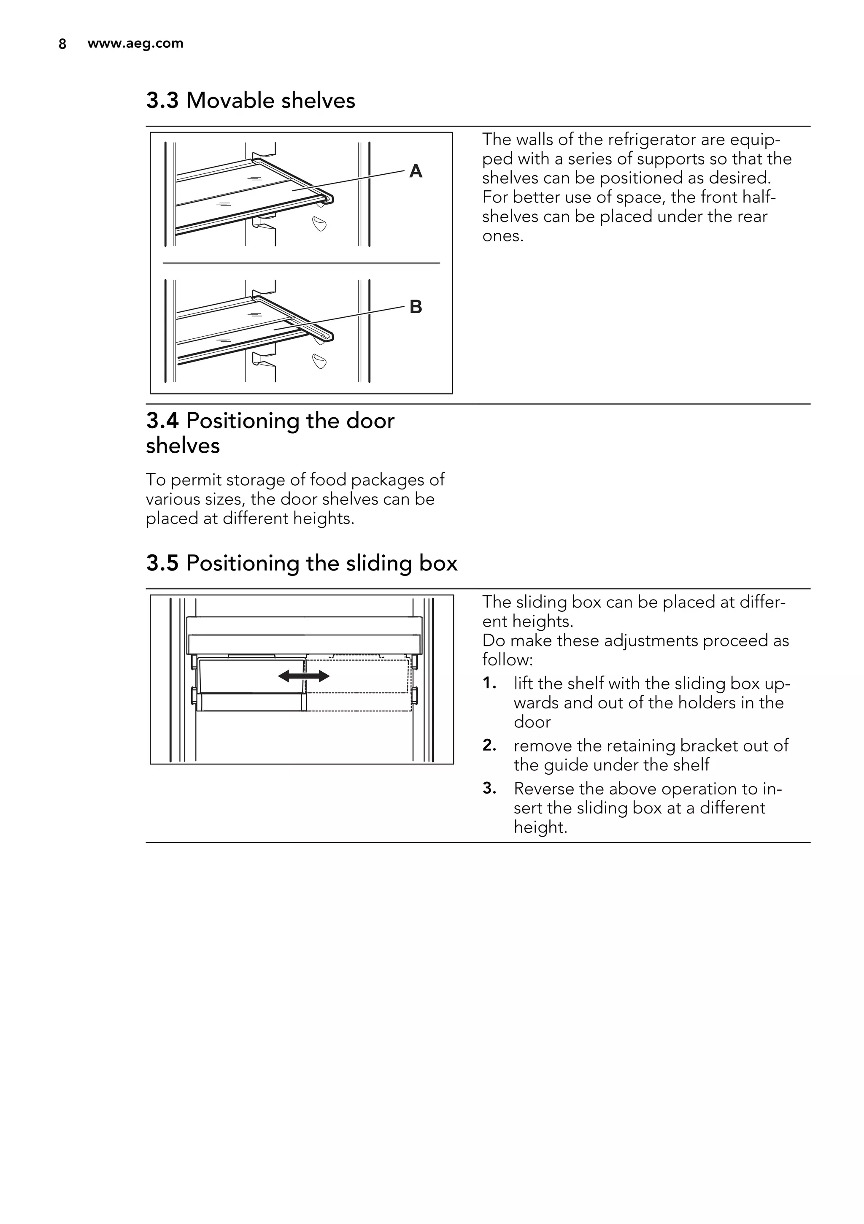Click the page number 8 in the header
62,44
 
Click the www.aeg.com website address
135,43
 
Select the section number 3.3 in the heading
162,101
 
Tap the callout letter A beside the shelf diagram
416,171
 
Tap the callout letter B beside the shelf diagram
416,307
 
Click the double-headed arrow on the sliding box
304,676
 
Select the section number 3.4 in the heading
162,421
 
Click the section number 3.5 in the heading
162,564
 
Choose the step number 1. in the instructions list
489,683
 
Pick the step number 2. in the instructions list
489,745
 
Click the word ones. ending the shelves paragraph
502,236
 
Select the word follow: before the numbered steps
508,660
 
